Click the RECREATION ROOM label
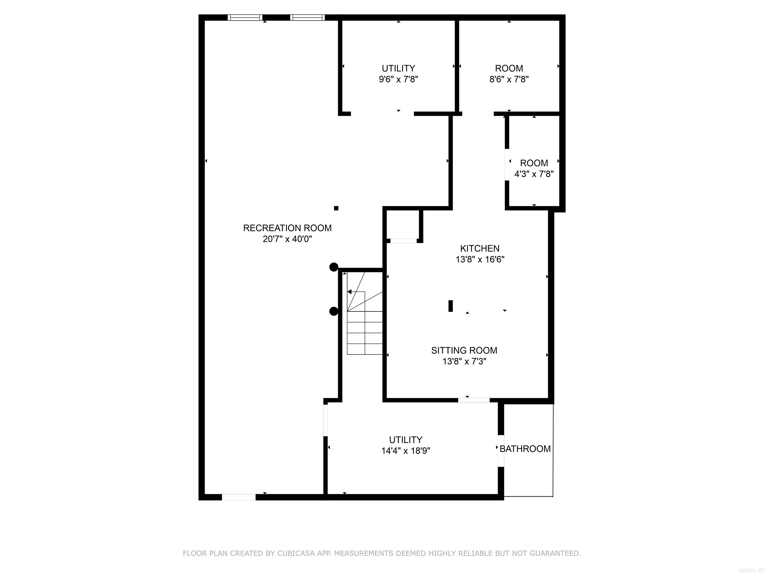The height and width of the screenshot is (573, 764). (287, 228)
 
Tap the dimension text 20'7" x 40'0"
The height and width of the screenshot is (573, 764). (287, 239)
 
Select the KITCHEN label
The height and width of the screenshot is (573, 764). (479, 248)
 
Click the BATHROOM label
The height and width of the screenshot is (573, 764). (525, 449)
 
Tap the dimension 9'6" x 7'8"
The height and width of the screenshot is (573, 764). (398, 79)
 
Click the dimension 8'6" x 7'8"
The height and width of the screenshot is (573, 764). (509, 79)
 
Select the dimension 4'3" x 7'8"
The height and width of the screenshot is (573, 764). (534, 174)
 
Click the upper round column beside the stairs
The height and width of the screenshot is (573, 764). (333, 267)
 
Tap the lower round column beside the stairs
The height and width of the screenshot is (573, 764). (333, 312)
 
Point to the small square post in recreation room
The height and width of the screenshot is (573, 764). (336, 208)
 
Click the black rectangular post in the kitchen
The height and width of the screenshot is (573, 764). (450, 306)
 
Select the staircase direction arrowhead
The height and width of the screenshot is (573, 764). (349, 292)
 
